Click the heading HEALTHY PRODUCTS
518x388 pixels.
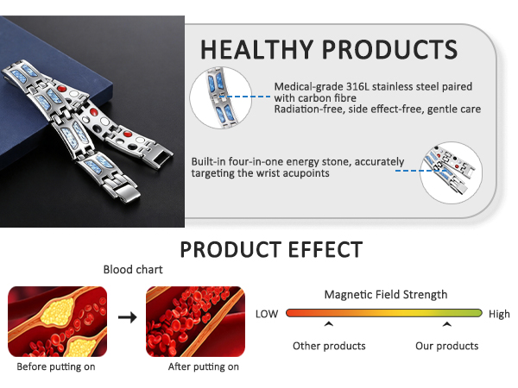point(329,47)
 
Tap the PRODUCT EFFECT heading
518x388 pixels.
point(270,250)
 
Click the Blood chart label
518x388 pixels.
point(133,270)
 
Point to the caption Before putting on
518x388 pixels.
point(56,366)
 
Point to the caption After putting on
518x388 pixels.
point(203,366)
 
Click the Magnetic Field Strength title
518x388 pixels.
point(386,294)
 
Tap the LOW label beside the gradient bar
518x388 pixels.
point(267,314)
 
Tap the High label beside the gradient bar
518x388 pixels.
point(499,314)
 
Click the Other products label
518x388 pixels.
point(329,346)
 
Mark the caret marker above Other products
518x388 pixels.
point(329,325)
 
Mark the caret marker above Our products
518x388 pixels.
point(446,325)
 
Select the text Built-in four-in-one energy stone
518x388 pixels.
point(289,161)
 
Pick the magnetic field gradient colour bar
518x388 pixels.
point(384,314)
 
